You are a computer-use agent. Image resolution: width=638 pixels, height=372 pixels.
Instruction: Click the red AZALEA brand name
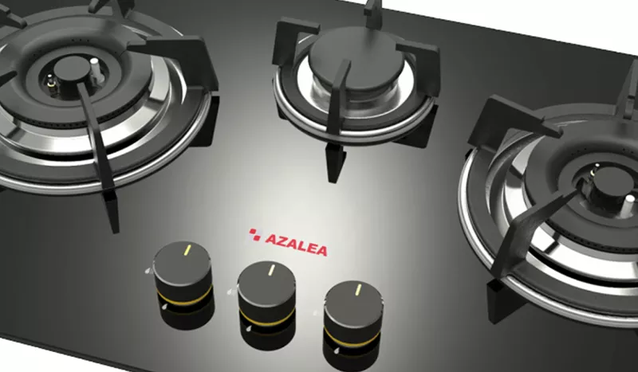[296, 245]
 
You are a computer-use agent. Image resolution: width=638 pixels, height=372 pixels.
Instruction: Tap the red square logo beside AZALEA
[254, 234]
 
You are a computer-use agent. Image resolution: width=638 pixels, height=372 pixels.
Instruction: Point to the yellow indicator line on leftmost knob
[187, 249]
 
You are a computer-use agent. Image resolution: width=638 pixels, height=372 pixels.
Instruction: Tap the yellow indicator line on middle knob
[271, 270]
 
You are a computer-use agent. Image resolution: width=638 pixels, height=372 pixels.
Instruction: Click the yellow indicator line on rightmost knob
[358, 289]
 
